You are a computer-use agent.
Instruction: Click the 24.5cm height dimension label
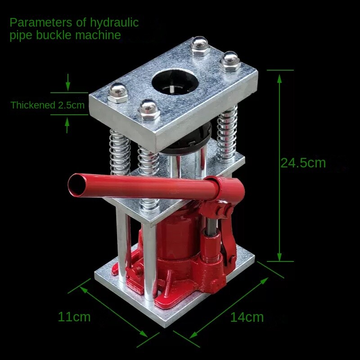[x=303, y=163]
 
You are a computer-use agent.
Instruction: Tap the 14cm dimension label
[x=247, y=317]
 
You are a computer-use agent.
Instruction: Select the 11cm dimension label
[x=74, y=317]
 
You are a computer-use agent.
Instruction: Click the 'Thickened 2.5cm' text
[x=48, y=106]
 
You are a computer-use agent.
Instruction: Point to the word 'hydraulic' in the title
[x=114, y=22]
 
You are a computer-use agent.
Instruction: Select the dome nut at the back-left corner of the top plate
[x=200, y=45]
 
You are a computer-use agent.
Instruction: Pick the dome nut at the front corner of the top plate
[x=149, y=109]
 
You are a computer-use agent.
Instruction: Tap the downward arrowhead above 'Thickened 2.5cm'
[x=68, y=86]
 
